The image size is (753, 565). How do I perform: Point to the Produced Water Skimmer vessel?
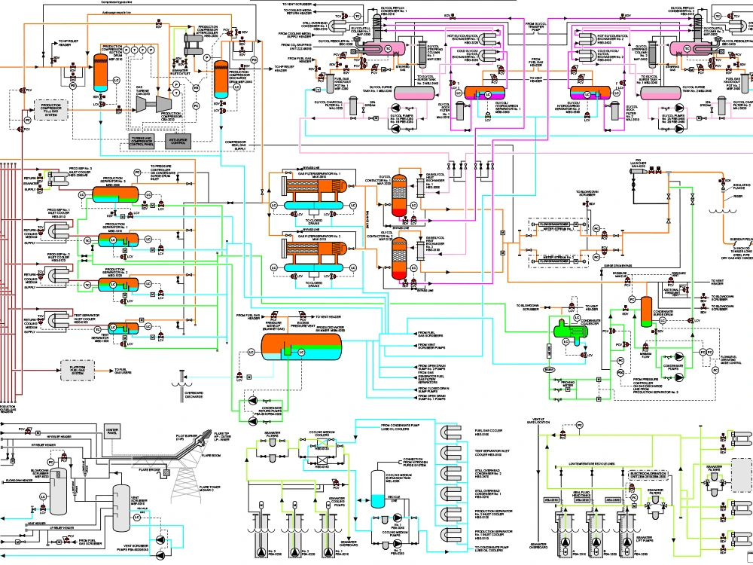300,346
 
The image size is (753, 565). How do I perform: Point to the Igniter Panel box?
112,431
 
